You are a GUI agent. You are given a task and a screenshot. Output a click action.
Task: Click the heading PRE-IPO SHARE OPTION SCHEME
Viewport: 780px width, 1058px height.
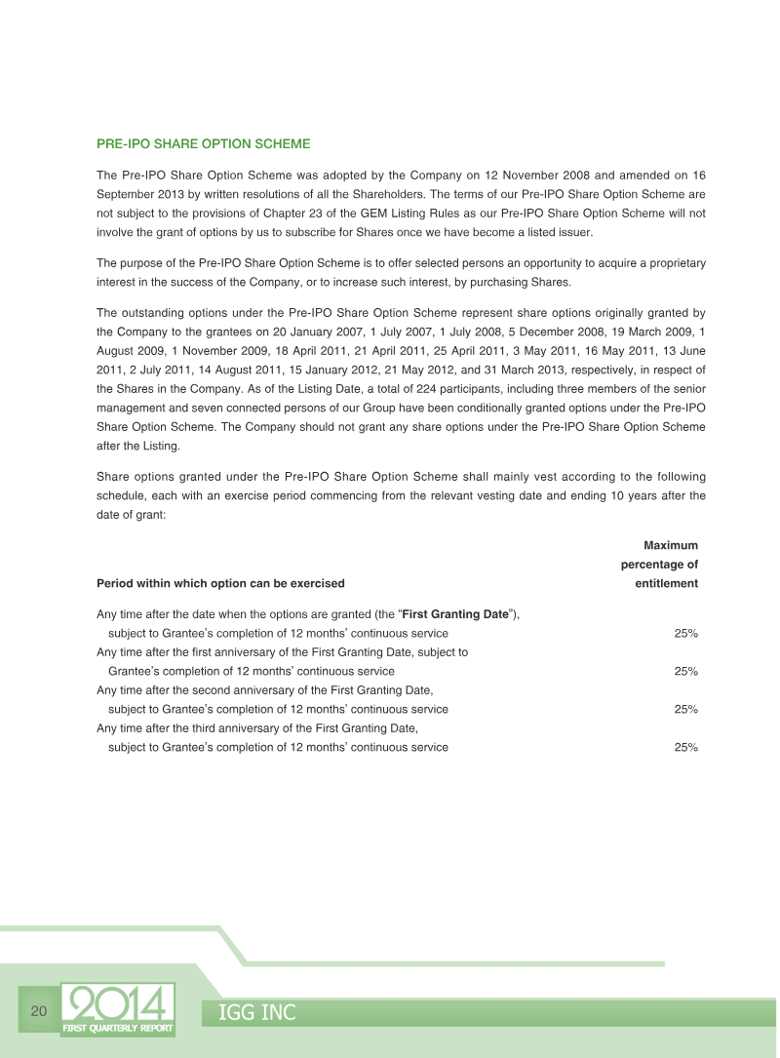coord(203,144)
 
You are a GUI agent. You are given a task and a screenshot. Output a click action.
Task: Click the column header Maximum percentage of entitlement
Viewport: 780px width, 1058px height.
coord(659,565)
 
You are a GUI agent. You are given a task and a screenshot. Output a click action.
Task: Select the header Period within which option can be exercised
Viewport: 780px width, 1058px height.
coord(220,584)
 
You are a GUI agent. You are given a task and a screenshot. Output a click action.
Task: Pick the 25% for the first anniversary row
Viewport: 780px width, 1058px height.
coord(685,672)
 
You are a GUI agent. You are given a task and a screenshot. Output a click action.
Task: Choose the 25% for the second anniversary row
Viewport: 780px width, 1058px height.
coord(685,710)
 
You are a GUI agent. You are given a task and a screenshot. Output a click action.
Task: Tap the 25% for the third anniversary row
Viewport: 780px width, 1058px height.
coord(685,748)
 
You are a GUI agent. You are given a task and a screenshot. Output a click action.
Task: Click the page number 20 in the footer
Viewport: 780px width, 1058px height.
coord(39,1009)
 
